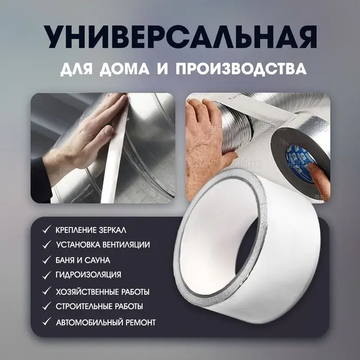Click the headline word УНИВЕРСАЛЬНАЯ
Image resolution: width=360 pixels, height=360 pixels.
[179, 37]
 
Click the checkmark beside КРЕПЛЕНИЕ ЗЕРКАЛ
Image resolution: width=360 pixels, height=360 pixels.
[47, 229]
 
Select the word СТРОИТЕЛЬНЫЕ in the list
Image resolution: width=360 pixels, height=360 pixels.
[83, 307]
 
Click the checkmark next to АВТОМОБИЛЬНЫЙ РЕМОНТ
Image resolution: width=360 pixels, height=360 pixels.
[47, 322]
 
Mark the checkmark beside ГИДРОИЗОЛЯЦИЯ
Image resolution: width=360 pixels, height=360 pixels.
[47, 275]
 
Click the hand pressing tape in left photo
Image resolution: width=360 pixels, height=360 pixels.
[87, 139]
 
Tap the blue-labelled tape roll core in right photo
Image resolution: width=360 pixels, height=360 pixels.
[303, 154]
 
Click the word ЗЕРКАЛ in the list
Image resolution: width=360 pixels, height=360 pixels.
[110, 229]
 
